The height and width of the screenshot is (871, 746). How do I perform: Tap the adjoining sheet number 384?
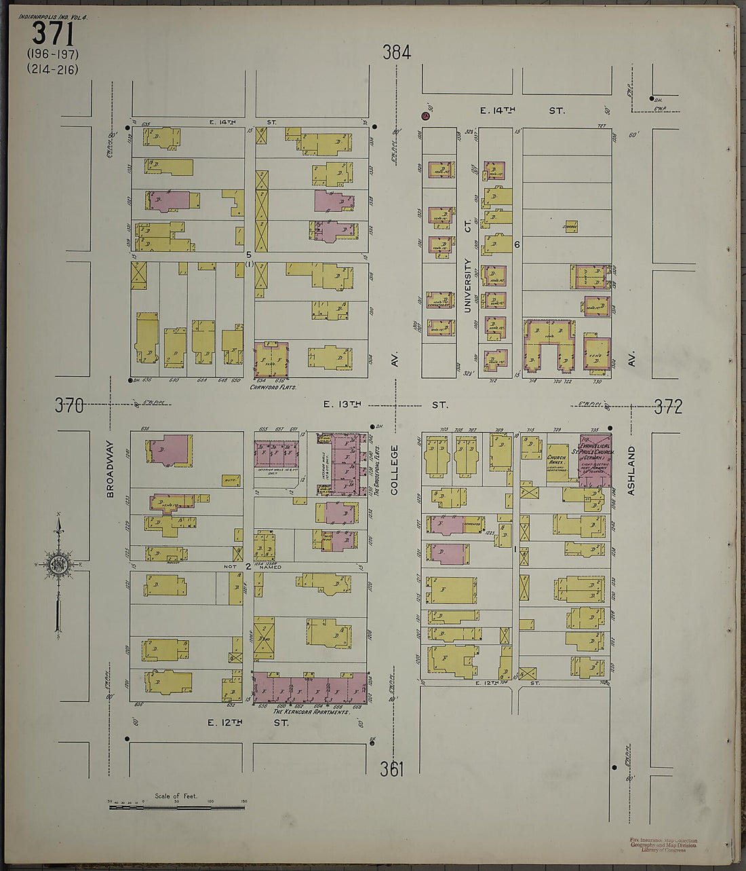tap(396, 52)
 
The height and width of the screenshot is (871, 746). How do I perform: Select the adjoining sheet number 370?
tap(69, 406)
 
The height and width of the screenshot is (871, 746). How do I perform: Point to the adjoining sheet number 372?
tap(668, 407)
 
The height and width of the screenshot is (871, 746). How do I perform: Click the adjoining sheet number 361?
tap(392, 769)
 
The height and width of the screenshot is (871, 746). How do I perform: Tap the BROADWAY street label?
tap(110, 468)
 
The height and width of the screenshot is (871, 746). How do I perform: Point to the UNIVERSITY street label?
tap(467, 284)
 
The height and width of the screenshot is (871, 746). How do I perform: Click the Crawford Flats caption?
tap(274, 387)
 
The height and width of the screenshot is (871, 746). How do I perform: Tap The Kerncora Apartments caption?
tap(311, 711)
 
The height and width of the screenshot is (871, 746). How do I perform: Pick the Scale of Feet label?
tap(176, 796)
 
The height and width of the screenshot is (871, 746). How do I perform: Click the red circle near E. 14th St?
tap(426, 115)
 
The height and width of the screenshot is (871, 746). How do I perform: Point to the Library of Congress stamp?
tap(663, 845)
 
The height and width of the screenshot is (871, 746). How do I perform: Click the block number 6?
tap(517, 244)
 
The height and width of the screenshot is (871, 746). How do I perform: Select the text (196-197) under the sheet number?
tap(53, 54)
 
